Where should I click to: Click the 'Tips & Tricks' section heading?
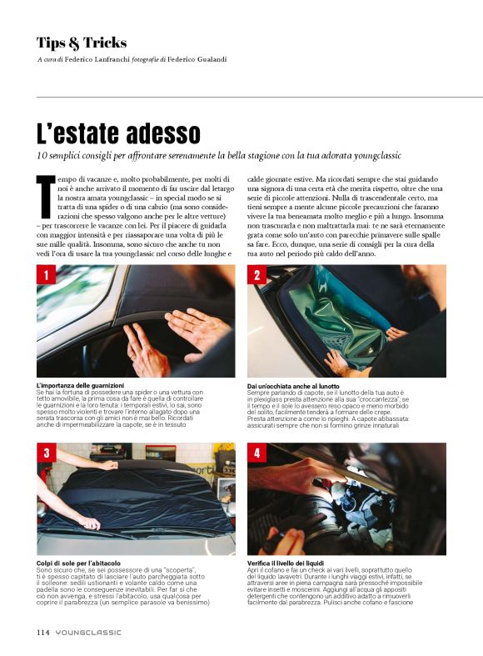click(82, 43)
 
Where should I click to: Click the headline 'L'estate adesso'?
click(118, 133)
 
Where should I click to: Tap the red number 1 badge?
click(47, 275)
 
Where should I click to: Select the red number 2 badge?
click(257, 275)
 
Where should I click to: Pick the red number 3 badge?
click(47, 453)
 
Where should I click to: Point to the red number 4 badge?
click(257, 453)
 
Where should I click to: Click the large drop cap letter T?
click(46, 197)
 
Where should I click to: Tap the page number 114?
click(43, 632)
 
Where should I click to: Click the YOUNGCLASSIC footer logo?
click(88, 633)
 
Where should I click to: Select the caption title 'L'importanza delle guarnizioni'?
click(80, 385)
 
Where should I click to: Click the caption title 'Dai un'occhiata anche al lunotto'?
click(293, 386)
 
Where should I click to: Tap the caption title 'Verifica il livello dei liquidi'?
click(286, 563)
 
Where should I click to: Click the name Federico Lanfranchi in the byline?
click(97, 59)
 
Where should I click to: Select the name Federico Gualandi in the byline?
click(197, 59)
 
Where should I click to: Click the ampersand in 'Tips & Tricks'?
click(74, 43)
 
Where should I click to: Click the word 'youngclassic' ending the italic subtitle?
click(377, 156)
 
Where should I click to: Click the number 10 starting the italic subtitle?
click(42, 156)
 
